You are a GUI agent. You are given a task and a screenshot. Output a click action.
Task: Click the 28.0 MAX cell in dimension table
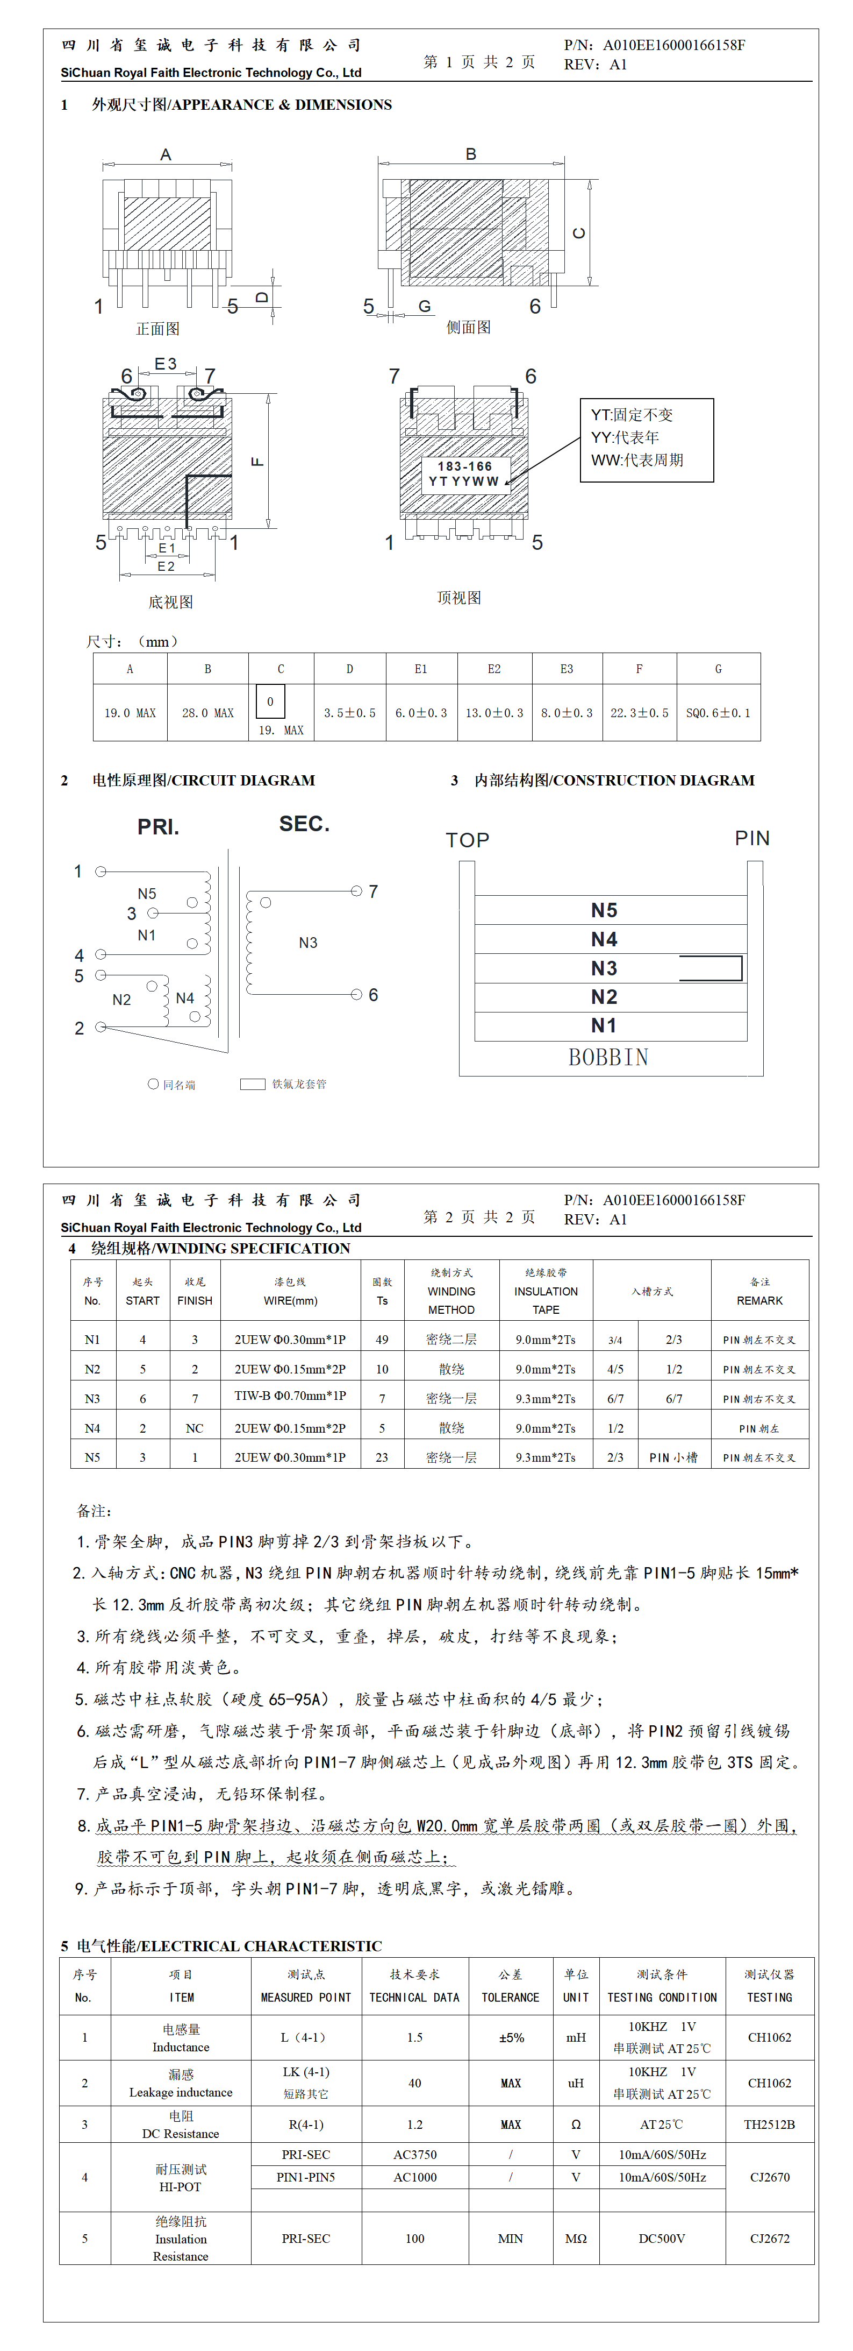point(208,713)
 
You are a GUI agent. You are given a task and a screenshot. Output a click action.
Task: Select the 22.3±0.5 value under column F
point(640,713)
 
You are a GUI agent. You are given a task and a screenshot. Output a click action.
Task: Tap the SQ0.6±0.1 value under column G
point(718,713)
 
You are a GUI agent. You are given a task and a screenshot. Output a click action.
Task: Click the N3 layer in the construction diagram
point(604,968)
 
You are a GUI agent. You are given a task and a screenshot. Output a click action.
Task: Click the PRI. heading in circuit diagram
point(159,827)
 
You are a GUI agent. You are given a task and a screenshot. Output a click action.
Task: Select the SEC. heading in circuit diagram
point(304,824)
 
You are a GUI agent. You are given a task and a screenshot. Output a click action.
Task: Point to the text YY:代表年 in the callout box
point(625,437)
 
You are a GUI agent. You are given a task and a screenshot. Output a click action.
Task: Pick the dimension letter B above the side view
point(471,154)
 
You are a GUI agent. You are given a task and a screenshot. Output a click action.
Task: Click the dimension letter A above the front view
point(166,155)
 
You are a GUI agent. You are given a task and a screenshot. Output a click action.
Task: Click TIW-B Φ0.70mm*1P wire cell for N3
point(290,1397)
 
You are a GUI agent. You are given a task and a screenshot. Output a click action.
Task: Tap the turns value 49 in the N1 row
point(382,1340)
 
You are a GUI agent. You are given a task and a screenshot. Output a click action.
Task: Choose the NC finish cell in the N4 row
point(195,1428)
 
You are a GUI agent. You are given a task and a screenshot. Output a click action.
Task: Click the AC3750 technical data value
point(415,2155)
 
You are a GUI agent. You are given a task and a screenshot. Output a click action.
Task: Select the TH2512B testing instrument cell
point(769,2125)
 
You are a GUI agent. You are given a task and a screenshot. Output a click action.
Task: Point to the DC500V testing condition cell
point(662,2239)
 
